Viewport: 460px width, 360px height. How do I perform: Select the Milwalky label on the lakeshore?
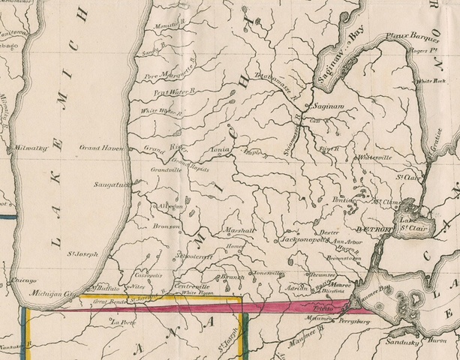point(31,148)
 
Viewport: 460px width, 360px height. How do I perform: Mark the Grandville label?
point(166,170)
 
